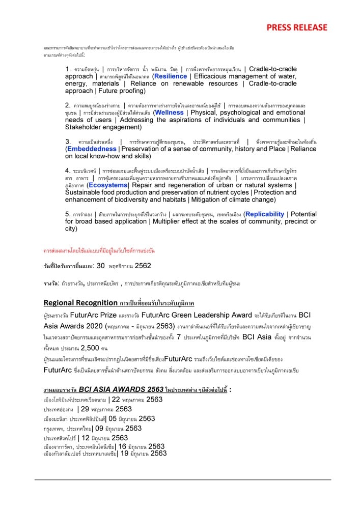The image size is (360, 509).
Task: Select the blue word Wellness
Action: click(x=169, y=112)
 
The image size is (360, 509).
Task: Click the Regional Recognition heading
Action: click(x=80, y=303)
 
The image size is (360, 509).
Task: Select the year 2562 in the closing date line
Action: click(x=143, y=266)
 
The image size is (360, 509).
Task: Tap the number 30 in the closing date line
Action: click(x=100, y=266)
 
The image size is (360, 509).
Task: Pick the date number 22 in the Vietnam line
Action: click(x=116, y=400)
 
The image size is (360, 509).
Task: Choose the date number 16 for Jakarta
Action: click(x=122, y=446)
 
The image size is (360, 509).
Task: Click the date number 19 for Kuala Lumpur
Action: click(x=124, y=454)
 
